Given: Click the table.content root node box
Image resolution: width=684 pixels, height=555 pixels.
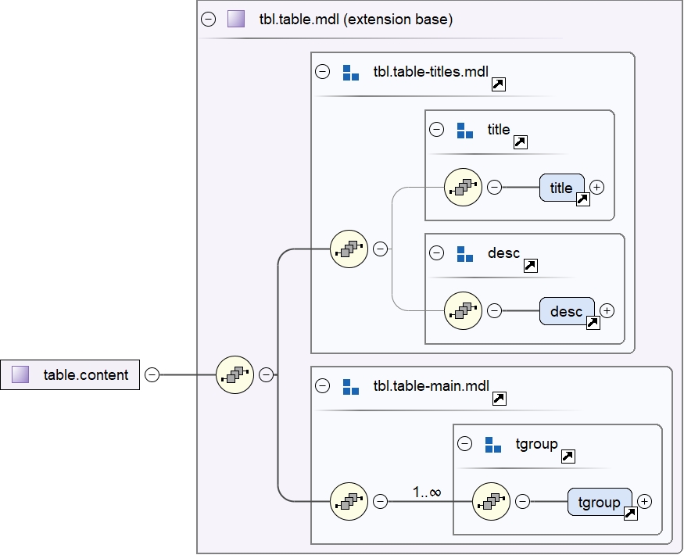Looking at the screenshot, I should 70,375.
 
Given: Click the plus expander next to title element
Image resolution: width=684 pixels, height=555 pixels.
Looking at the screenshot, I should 597,188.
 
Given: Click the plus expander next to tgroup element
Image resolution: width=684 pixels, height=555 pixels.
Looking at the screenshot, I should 645,501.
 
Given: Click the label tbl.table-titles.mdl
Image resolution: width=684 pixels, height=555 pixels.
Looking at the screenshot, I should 430,73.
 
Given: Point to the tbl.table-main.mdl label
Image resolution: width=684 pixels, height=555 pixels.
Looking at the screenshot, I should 429,386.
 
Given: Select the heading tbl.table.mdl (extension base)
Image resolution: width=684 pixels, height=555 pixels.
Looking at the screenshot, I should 356,20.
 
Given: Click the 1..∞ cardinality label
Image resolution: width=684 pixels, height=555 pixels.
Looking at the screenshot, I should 427,492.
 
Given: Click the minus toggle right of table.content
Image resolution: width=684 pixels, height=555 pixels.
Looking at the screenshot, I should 152,375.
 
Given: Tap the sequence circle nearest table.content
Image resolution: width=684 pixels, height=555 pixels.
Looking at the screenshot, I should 235,375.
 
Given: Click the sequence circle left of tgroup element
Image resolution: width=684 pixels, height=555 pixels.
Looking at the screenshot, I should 492,501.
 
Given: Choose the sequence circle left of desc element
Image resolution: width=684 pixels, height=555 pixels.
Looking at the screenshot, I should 463,311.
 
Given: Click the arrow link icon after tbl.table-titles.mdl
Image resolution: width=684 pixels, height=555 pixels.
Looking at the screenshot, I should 498,84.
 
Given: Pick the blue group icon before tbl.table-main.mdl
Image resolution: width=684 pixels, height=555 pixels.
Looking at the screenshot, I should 351,386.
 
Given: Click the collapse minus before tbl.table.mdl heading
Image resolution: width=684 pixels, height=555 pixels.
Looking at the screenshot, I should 208,20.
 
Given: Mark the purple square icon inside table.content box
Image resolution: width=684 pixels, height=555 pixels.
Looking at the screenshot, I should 21,375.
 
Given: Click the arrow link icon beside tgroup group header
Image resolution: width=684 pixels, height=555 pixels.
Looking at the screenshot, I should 569,456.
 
